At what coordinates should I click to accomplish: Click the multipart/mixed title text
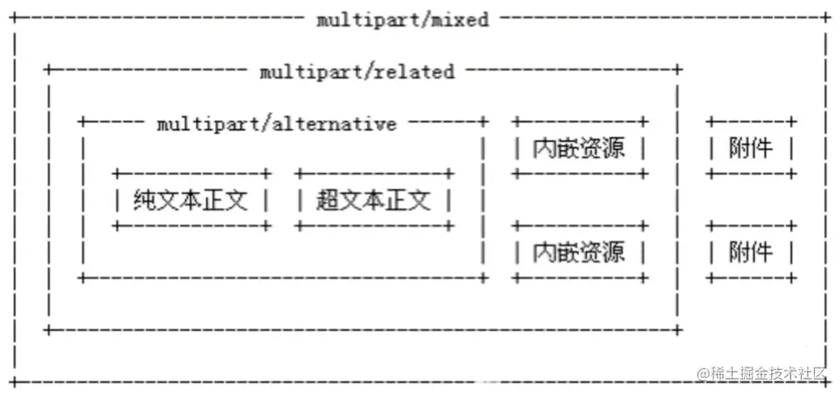tap(403, 19)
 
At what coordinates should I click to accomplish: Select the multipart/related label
tap(357, 71)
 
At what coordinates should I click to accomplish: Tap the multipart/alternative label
tap(276, 123)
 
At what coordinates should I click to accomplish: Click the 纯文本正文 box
tap(191, 200)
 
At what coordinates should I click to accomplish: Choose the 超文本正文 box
tap(373, 200)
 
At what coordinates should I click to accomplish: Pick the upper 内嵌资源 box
tap(579, 148)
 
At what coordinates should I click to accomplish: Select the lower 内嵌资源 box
tap(579, 252)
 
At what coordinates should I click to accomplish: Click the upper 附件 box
tap(751, 148)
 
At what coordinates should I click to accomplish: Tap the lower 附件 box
tap(751, 252)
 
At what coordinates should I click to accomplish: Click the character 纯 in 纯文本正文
tap(144, 200)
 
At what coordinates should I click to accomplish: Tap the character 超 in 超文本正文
tap(327, 200)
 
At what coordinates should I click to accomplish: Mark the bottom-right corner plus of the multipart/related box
tap(678, 330)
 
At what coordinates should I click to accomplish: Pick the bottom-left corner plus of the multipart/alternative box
tap(83, 278)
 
